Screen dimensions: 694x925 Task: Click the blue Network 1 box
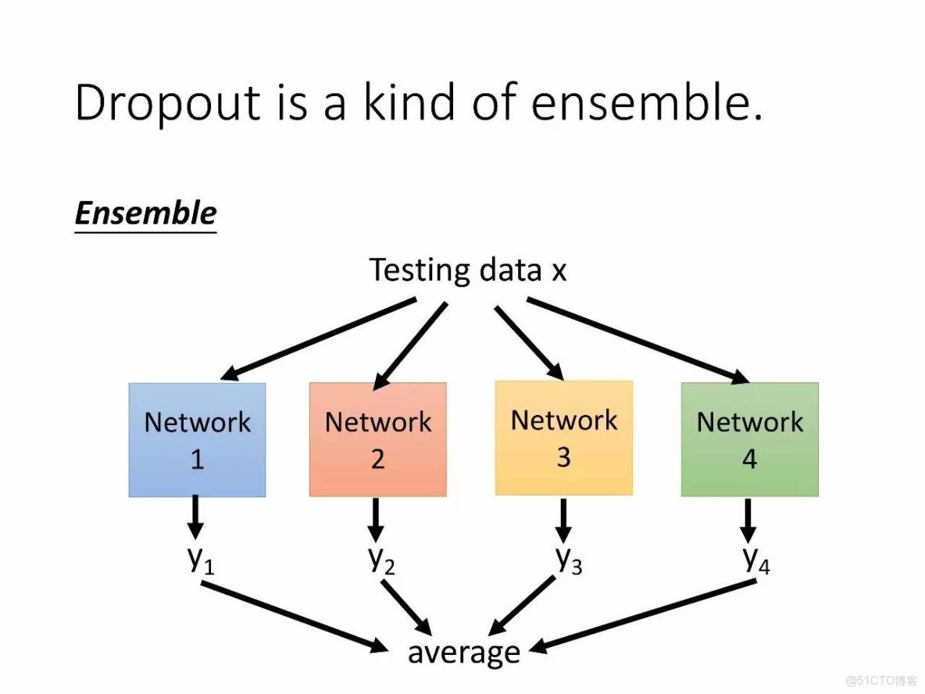pyautogui.click(x=197, y=440)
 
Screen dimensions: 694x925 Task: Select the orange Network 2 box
pyautogui.click(x=377, y=440)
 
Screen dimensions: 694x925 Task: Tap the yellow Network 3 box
pyautogui.click(x=563, y=438)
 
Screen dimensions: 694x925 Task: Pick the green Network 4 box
pyautogui.click(x=749, y=440)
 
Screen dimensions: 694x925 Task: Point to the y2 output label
pyautogui.click(x=380, y=560)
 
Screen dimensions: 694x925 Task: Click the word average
pyautogui.click(x=463, y=652)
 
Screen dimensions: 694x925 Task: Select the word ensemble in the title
pyautogui.click(x=646, y=102)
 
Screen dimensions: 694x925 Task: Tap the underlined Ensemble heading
pyautogui.click(x=145, y=213)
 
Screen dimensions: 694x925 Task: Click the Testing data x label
pyautogui.click(x=467, y=270)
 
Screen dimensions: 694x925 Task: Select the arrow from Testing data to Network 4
pyautogui.click(x=637, y=339)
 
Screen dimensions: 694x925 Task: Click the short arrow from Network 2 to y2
pyautogui.click(x=377, y=519)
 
